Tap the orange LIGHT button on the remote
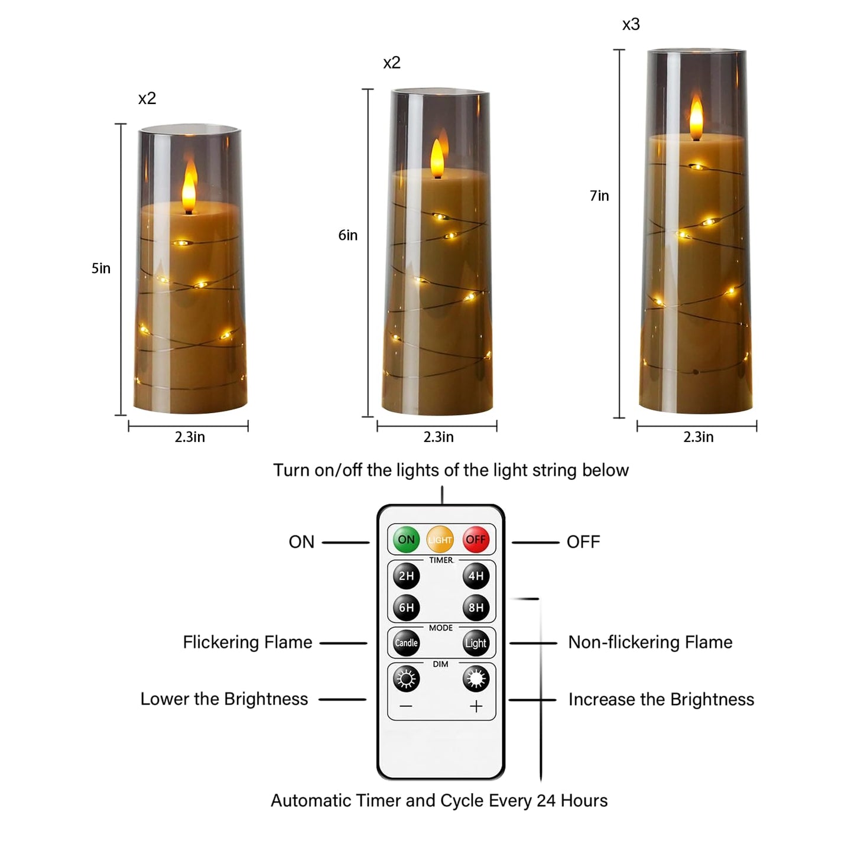pyautogui.click(x=440, y=539)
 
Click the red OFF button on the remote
pyautogui.click(x=475, y=539)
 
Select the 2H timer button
pyautogui.click(x=406, y=576)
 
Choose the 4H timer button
pyautogui.click(x=476, y=576)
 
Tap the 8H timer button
pyautogui.click(x=476, y=608)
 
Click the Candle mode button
pyautogui.click(x=406, y=643)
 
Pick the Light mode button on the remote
pyautogui.click(x=476, y=643)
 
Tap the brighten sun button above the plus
pyautogui.click(x=476, y=679)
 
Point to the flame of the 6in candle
pyautogui.click(x=437, y=158)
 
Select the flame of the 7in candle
pyautogui.click(x=697, y=118)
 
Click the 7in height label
pyautogui.click(x=599, y=196)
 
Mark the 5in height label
pyautogui.click(x=101, y=268)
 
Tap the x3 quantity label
pyautogui.click(x=631, y=25)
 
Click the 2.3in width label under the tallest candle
pyautogui.click(x=698, y=437)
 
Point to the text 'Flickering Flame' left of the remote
pyautogui.click(x=247, y=642)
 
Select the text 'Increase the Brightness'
pyautogui.click(x=661, y=700)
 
